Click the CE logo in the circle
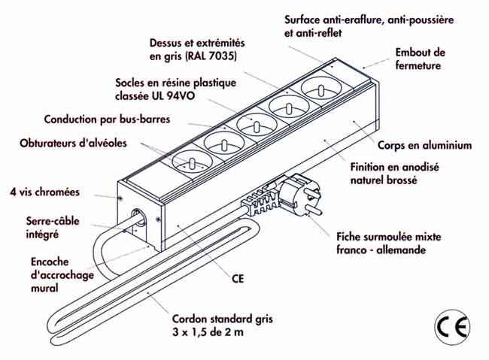point(452,327)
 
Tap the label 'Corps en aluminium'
point(424,145)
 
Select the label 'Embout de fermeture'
point(420,59)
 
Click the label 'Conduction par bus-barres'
point(107,119)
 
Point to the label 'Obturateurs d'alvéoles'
point(73,143)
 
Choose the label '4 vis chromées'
point(45,192)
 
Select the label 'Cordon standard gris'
point(223,319)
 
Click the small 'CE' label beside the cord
point(238,278)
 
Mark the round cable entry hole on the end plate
point(138,217)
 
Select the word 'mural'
point(44,288)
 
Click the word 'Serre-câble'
point(53,221)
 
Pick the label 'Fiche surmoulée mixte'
point(389,237)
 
